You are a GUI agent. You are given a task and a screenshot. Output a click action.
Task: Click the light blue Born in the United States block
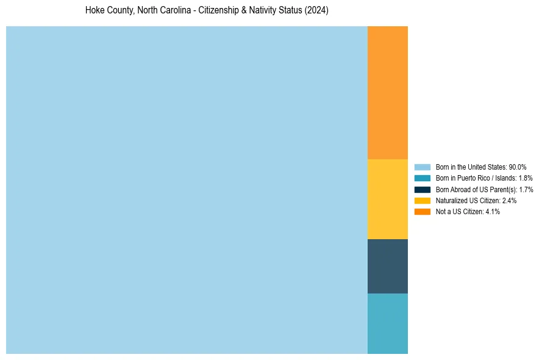[x=187, y=190]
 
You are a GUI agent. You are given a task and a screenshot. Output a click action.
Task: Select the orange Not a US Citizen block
[x=387, y=92]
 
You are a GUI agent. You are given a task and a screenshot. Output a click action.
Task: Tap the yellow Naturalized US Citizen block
[x=387, y=199]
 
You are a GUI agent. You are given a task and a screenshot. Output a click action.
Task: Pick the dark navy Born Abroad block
[x=387, y=266]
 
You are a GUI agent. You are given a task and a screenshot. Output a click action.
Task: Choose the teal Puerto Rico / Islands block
[x=387, y=323]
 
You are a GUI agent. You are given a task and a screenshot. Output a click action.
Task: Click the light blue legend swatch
[x=423, y=167]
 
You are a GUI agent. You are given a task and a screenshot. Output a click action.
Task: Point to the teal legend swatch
[x=423, y=178]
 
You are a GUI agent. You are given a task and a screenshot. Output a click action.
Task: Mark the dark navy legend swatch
[x=423, y=189]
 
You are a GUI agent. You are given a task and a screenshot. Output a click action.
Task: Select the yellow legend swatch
[x=423, y=200]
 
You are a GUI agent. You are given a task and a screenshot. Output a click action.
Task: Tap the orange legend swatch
[x=423, y=211]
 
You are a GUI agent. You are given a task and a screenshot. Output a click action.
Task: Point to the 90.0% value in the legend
[x=518, y=167]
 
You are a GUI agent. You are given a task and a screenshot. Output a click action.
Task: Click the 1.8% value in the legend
[x=526, y=178]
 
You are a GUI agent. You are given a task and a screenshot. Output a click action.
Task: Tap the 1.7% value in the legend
[x=526, y=189]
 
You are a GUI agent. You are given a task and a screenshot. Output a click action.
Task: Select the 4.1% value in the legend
[x=493, y=211]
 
